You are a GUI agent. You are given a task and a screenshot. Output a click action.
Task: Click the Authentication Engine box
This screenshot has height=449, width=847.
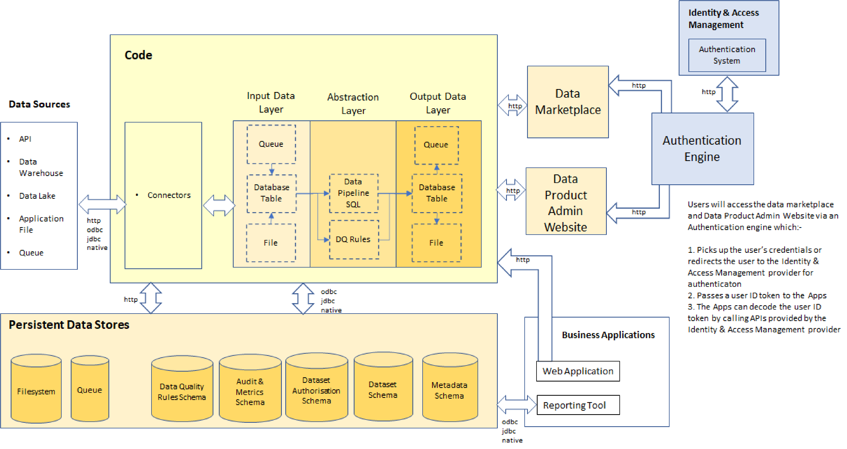click(702, 149)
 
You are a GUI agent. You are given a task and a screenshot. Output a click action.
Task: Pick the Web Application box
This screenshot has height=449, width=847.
click(578, 371)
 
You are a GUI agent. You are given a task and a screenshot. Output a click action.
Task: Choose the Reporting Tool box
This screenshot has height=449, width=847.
click(578, 405)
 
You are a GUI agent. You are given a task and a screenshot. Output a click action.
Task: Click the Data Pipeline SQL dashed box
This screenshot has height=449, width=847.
click(354, 193)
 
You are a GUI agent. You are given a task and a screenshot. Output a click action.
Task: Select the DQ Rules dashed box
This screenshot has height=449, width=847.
click(354, 239)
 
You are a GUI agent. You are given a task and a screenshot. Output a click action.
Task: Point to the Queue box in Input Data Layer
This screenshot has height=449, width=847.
click(271, 144)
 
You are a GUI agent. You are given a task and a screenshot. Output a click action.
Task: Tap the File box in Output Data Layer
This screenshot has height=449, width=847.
click(436, 243)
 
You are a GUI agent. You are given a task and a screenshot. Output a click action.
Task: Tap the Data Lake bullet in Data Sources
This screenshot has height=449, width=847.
click(37, 196)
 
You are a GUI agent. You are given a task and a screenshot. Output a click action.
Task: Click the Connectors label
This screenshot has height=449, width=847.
click(169, 195)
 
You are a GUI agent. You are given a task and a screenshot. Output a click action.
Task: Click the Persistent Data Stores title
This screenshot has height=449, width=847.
click(69, 325)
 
